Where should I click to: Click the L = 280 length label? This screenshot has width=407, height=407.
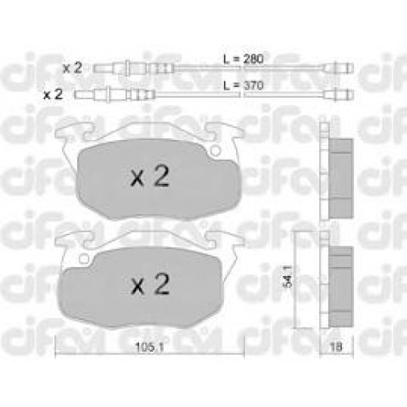(243, 59)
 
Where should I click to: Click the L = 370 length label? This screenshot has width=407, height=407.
(243, 85)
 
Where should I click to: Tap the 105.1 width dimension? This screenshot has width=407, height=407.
(150, 347)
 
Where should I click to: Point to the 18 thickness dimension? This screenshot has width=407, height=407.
(336, 347)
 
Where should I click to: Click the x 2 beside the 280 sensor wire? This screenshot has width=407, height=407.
(72, 68)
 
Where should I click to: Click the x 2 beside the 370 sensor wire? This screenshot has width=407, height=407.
(53, 94)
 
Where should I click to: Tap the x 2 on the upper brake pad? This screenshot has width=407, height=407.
(150, 176)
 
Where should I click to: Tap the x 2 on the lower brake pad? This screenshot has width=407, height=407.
(150, 284)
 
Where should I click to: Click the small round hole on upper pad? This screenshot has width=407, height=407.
(216, 150)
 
